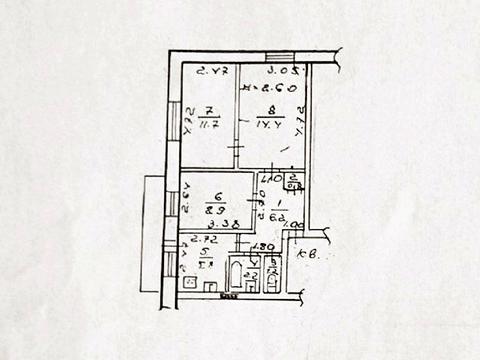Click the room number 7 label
207,109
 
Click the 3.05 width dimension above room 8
283,71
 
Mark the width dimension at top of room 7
209,71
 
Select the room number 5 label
206,253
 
